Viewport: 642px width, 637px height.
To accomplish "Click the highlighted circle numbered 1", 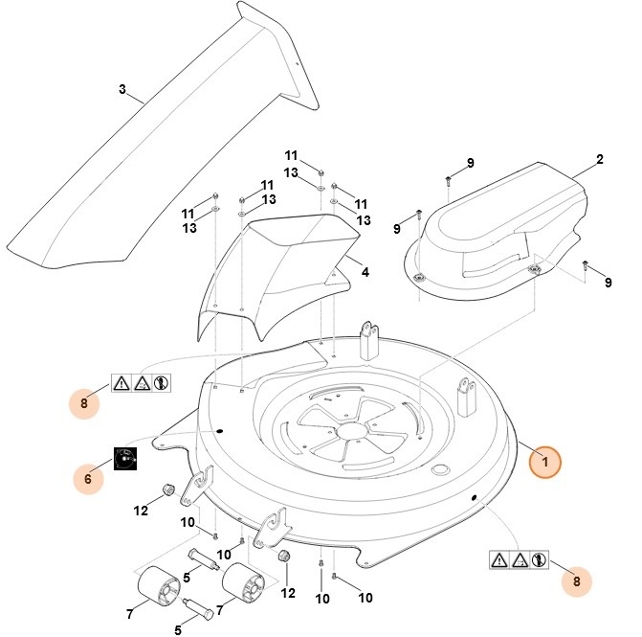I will [545, 462].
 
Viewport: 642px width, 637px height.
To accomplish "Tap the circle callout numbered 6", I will [88, 477].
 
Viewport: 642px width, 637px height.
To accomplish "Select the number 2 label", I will [600, 159].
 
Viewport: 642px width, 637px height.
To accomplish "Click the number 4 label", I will [365, 271].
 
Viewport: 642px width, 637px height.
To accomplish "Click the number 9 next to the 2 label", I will [470, 164].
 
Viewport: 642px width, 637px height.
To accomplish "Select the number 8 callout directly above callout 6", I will [83, 403].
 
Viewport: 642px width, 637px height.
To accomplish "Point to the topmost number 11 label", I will [291, 155].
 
